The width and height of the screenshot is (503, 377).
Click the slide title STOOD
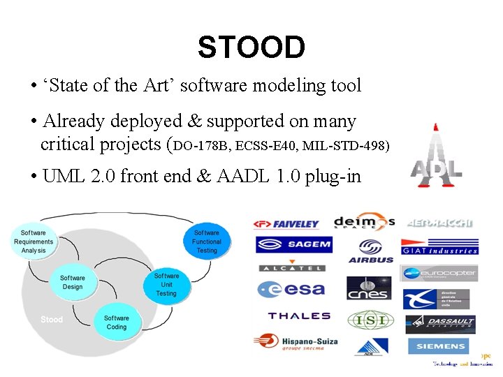pos(251,47)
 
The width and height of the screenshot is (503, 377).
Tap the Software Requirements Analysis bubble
pos(34,242)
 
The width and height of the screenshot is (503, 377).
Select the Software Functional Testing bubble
pos(206,242)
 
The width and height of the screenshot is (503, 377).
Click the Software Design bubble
pos(72,282)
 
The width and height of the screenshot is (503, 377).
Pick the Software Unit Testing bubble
pos(166,284)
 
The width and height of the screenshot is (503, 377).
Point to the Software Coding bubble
pos(117,322)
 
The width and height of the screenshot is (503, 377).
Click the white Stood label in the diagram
pos(52,320)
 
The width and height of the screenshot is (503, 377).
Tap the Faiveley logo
pos(286,224)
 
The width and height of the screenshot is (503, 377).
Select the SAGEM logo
pos(293,244)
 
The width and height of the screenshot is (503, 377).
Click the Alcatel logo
pos(292,267)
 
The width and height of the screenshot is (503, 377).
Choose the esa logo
pos(292,288)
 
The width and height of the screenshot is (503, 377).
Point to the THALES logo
pos(299,316)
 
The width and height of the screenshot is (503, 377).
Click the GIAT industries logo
pos(439,247)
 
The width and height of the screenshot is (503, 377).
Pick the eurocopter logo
pos(439,273)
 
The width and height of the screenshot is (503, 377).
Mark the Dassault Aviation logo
pos(440,324)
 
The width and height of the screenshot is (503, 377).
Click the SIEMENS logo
pos(440,346)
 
